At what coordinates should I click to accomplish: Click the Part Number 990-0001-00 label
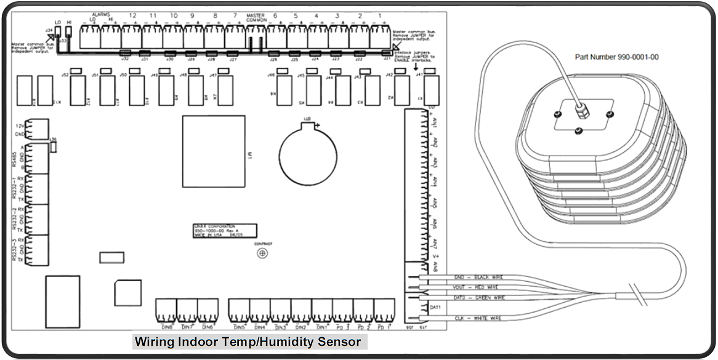click(617, 57)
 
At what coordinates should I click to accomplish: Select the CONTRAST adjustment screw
click(263, 253)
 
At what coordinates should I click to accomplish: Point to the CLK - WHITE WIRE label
click(478, 318)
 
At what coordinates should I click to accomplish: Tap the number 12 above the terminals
click(132, 15)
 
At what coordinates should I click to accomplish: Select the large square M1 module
click(213, 150)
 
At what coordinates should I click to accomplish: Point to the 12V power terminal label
click(20, 126)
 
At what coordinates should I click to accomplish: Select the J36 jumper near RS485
click(54, 146)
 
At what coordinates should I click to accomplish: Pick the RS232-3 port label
click(14, 250)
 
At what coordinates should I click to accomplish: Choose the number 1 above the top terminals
click(380, 15)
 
